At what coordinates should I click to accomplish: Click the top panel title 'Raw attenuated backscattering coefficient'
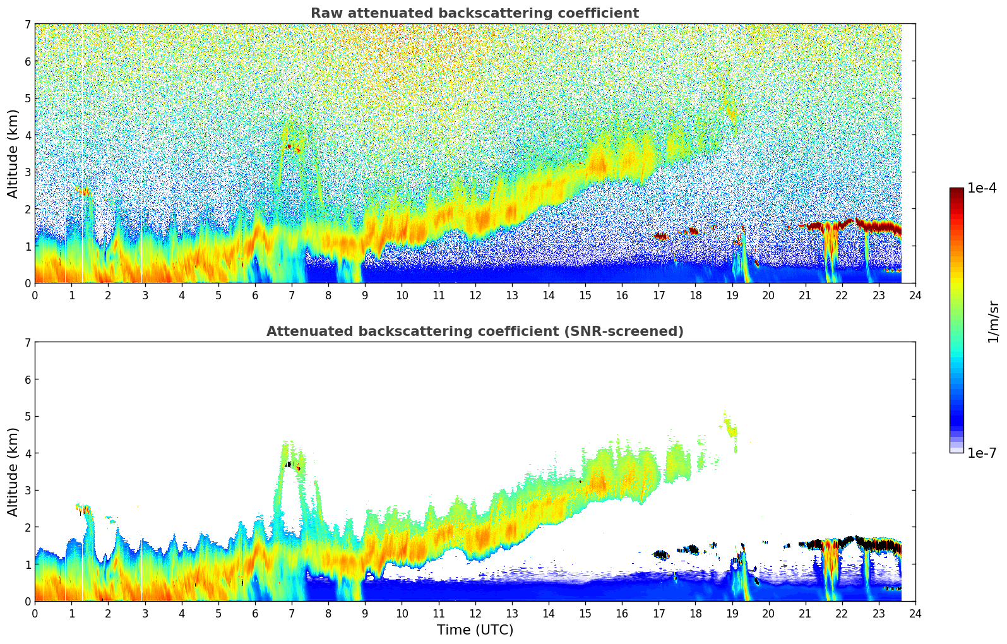(x=474, y=13)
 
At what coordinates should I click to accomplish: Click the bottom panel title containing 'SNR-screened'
(x=474, y=331)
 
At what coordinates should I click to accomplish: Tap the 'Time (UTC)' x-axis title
(x=475, y=630)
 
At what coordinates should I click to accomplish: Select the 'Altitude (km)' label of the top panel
(x=13, y=153)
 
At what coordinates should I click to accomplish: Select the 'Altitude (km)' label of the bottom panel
(x=13, y=472)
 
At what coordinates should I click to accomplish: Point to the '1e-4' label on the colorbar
(x=982, y=188)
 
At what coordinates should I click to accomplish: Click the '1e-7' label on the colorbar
(x=982, y=453)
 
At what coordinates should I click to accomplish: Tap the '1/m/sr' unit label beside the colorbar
(x=993, y=321)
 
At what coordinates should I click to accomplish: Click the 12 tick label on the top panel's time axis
(x=475, y=295)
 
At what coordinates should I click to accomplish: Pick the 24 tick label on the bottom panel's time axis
(x=915, y=613)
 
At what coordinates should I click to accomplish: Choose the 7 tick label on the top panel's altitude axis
(x=27, y=25)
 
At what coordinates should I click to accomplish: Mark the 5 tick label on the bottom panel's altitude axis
(x=27, y=417)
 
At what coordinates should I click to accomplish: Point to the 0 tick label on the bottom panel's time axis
(x=35, y=613)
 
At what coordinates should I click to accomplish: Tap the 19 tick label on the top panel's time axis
(x=732, y=295)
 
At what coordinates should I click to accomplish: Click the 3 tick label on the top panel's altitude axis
(x=27, y=172)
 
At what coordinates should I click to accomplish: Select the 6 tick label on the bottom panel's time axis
(x=255, y=613)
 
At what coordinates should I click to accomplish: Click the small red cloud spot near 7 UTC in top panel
(x=290, y=146)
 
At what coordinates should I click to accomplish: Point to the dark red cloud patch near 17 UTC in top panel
(x=661, y=236)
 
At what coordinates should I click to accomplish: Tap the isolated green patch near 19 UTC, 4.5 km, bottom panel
(x=731, y=431)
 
